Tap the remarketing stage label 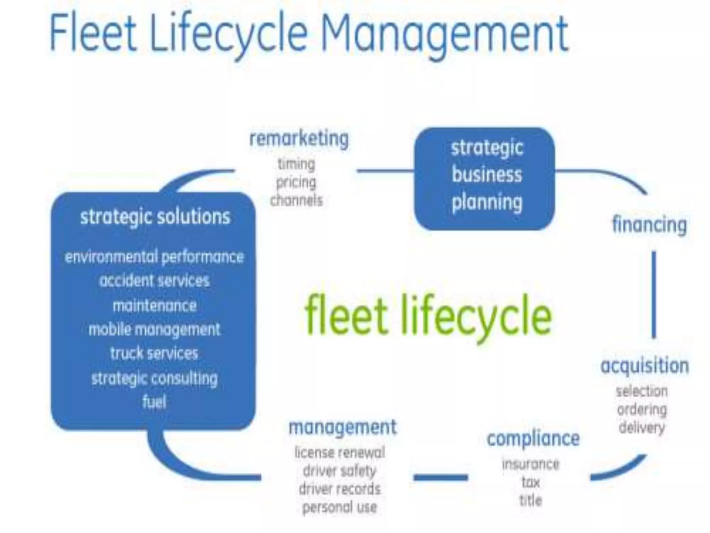299,139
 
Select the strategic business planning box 485,178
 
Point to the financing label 649,225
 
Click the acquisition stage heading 645,366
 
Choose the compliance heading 533,439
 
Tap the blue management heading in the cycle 343,427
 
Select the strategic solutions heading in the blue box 155,217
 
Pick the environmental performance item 154,257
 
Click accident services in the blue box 154,280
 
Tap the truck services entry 154,353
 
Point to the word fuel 154,402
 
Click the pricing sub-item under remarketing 296,182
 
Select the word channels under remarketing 296,201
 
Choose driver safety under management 339,471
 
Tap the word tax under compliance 531,482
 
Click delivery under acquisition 642,428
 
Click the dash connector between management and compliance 441,478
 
